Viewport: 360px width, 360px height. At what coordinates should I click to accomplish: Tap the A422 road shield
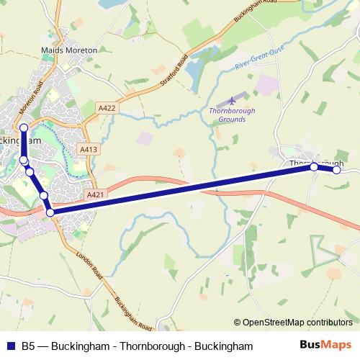(107, 107)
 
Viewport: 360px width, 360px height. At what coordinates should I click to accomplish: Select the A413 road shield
(89, 149)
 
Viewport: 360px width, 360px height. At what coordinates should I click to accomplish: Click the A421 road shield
(95, 194)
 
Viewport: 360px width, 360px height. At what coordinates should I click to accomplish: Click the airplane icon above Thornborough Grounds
(231, 99)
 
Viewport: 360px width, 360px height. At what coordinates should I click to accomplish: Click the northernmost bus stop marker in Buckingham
(24, 127)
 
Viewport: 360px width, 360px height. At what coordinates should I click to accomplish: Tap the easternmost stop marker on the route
(336, 170)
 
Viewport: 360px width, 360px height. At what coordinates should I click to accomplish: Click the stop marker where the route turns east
(50, 212)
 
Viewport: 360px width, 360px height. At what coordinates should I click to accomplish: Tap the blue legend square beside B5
(11, 346)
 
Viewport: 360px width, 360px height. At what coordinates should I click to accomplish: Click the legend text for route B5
(138, 346)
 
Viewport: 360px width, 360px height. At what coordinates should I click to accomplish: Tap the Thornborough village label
(316, 163)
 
